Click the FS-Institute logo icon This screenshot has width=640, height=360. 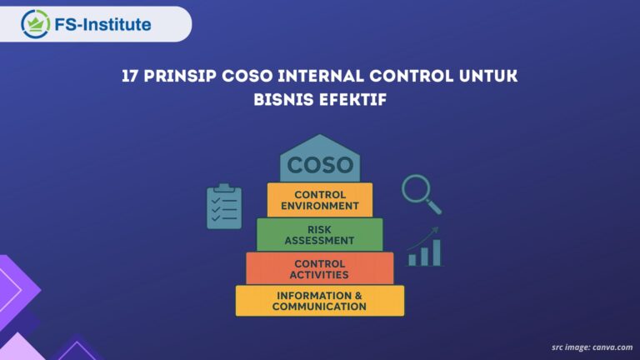tap(36, 23)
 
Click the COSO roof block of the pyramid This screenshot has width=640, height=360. tap(320, 162)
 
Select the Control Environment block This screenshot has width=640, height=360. tap(320, 200)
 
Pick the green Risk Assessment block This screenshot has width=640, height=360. tap(320, 234)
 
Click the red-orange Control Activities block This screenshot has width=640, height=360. tap(320, 268)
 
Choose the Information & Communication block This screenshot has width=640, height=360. tap(320, 301)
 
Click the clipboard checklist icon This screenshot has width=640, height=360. tap(224, 207)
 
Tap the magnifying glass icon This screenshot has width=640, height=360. tap(419, 192)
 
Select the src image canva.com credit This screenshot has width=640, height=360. tap(592, 347)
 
